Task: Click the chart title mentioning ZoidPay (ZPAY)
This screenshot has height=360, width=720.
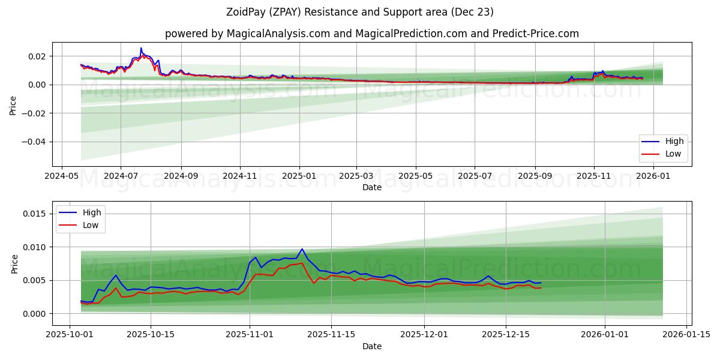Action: coord(360,12)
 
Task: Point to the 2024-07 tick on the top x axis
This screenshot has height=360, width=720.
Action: coord(121,177)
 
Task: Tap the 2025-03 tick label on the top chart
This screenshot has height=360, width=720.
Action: coord(356,177)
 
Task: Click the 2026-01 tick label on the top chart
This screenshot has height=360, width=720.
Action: coord(653,177)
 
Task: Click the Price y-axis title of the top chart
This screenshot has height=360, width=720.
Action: coord(13,105)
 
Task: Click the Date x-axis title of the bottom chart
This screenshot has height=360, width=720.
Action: coord(372,347)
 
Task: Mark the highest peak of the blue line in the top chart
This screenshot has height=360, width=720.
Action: coord(141,48)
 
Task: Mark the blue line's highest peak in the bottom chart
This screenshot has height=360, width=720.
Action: coord(302,248)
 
